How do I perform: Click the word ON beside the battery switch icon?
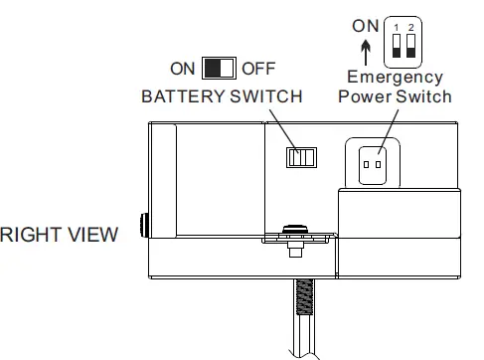pos(183,69)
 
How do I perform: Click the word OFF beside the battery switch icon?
pos(257,69)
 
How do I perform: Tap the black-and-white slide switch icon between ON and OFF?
pos(219,69)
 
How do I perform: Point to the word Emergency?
pos(395,78)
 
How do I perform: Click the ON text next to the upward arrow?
pos(367,27)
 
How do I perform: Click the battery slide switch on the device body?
pos(300,157)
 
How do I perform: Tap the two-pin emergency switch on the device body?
pos(374,162)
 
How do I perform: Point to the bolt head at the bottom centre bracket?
pos(294,232)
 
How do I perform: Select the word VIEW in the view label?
pos(94,235)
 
